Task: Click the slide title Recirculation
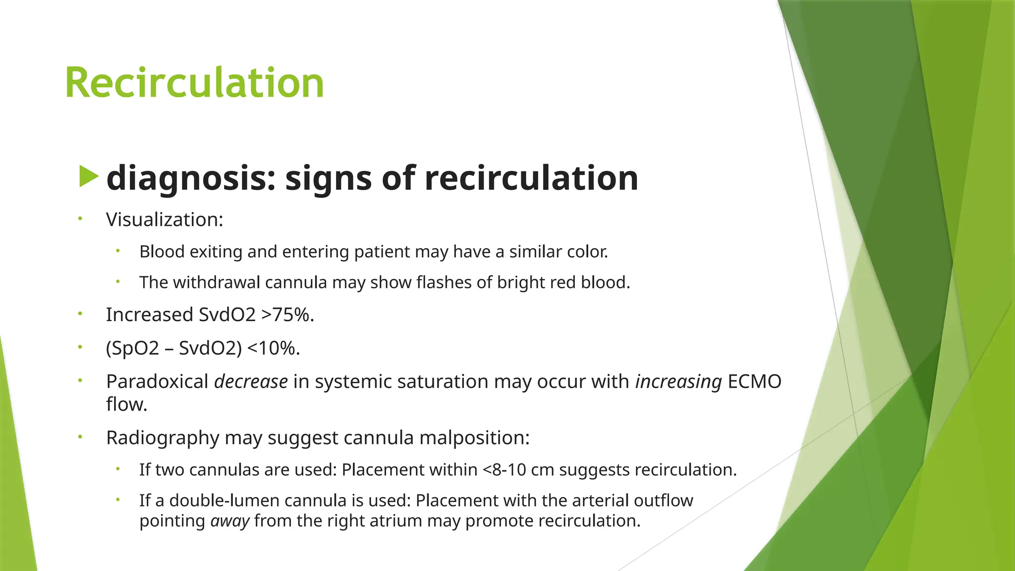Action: [x=194, y=83]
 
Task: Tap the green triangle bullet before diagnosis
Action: [x=88, y=177]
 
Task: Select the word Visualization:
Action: [x=165, y=220]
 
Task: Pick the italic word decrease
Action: [x=251, y=382]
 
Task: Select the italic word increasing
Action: [x=678, y=382]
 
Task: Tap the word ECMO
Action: [x=754, y=382]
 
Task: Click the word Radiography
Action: [x=163, y=438]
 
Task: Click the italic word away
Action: [x=229, y=521]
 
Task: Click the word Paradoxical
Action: [x=157, y=382]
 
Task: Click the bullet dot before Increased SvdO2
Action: [x=79, y=314]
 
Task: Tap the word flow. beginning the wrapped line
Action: [x=127, y=404]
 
